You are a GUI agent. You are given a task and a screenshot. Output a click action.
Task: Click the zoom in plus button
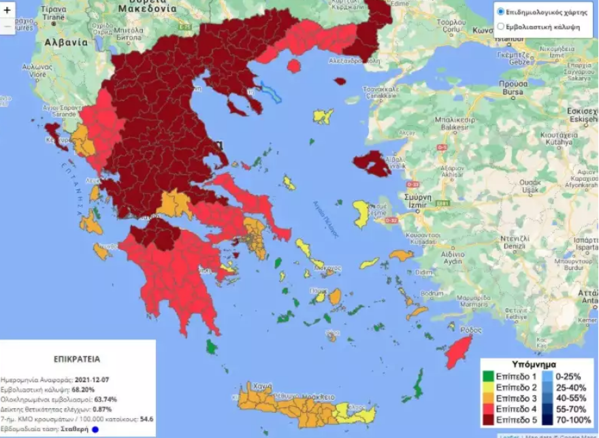(x=7, y=11)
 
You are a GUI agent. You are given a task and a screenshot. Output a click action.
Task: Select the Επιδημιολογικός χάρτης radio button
(x=501, y=12)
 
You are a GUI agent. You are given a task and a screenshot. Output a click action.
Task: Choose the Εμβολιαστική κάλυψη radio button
(x=501, y=27)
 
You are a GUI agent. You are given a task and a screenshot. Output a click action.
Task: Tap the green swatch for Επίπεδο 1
(x=488, y=376)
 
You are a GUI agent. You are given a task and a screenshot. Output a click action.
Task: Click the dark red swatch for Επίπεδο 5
(x=488, y=420)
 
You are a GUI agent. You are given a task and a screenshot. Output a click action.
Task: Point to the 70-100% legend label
(x=574, y=420)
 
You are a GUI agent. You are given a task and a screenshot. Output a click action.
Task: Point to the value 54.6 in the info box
(x=148, y=419)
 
